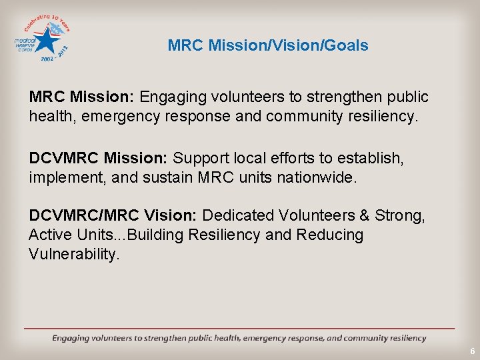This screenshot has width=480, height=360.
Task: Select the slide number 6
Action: [x=472, y=351]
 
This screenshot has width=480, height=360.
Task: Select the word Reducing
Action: [x=331, y=235]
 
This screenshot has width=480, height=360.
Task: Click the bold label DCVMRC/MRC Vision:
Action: [x=113, y=216]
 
